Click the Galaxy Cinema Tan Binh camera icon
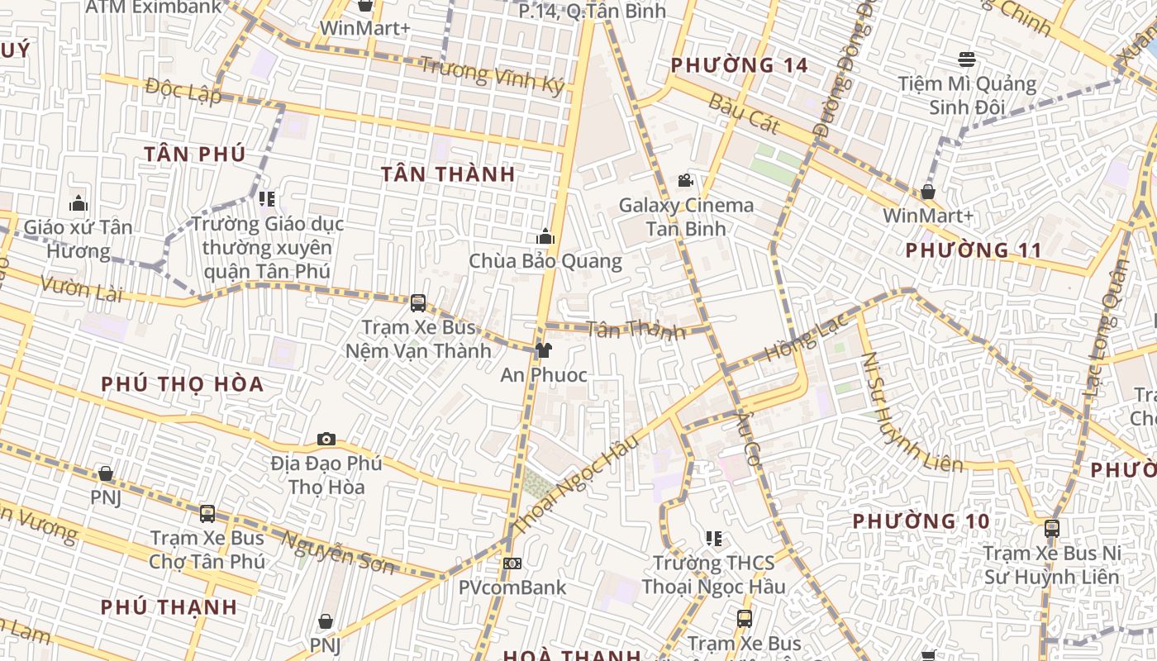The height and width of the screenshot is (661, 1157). point(684,180)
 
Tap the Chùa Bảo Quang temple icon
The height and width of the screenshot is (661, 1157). point(545,237)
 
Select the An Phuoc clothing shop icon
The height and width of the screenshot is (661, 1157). point(543,350)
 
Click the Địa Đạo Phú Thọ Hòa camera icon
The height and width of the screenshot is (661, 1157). point(326,439)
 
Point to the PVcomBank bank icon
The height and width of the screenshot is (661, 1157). point(512,564)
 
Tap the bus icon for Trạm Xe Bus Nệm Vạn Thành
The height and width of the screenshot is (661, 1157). point(418,302)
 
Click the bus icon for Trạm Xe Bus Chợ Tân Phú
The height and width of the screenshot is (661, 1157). point(207,514)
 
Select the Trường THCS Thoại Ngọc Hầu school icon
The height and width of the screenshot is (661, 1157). point(714,539)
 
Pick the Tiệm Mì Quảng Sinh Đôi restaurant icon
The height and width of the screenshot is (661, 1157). point(967,59)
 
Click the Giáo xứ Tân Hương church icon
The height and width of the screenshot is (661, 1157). point(79,202)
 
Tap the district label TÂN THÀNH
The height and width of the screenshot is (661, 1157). point(448,174)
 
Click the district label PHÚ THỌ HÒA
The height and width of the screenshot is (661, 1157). point(182,384)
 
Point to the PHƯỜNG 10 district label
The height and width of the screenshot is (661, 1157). point(921,521)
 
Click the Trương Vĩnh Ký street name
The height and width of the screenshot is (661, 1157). point(492,74)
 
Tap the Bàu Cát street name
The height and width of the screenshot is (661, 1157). point(744,114)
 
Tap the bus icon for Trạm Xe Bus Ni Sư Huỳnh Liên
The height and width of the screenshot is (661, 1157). point(1051,528)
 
